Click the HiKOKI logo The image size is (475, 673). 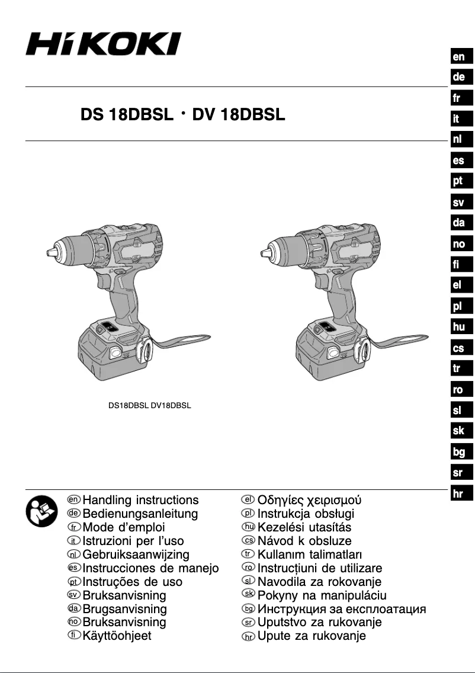point(103,44)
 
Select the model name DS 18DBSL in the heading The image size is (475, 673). point(126,115)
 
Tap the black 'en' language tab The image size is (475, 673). point(458,57)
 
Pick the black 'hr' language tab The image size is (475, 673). point(458,494)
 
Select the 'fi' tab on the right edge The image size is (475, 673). point(458,264)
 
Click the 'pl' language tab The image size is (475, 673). point(458,306)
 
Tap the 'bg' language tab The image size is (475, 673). point(458,452)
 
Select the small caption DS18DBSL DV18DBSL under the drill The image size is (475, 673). point(149,406)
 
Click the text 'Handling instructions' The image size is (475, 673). point(140,500)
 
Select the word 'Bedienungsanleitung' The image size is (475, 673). point(140,514)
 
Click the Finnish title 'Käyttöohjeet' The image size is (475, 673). point(117,636)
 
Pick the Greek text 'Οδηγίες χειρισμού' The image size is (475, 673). point(309,500)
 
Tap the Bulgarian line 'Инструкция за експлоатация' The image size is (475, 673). point(341,608)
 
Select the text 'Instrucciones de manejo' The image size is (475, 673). point(150,568)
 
